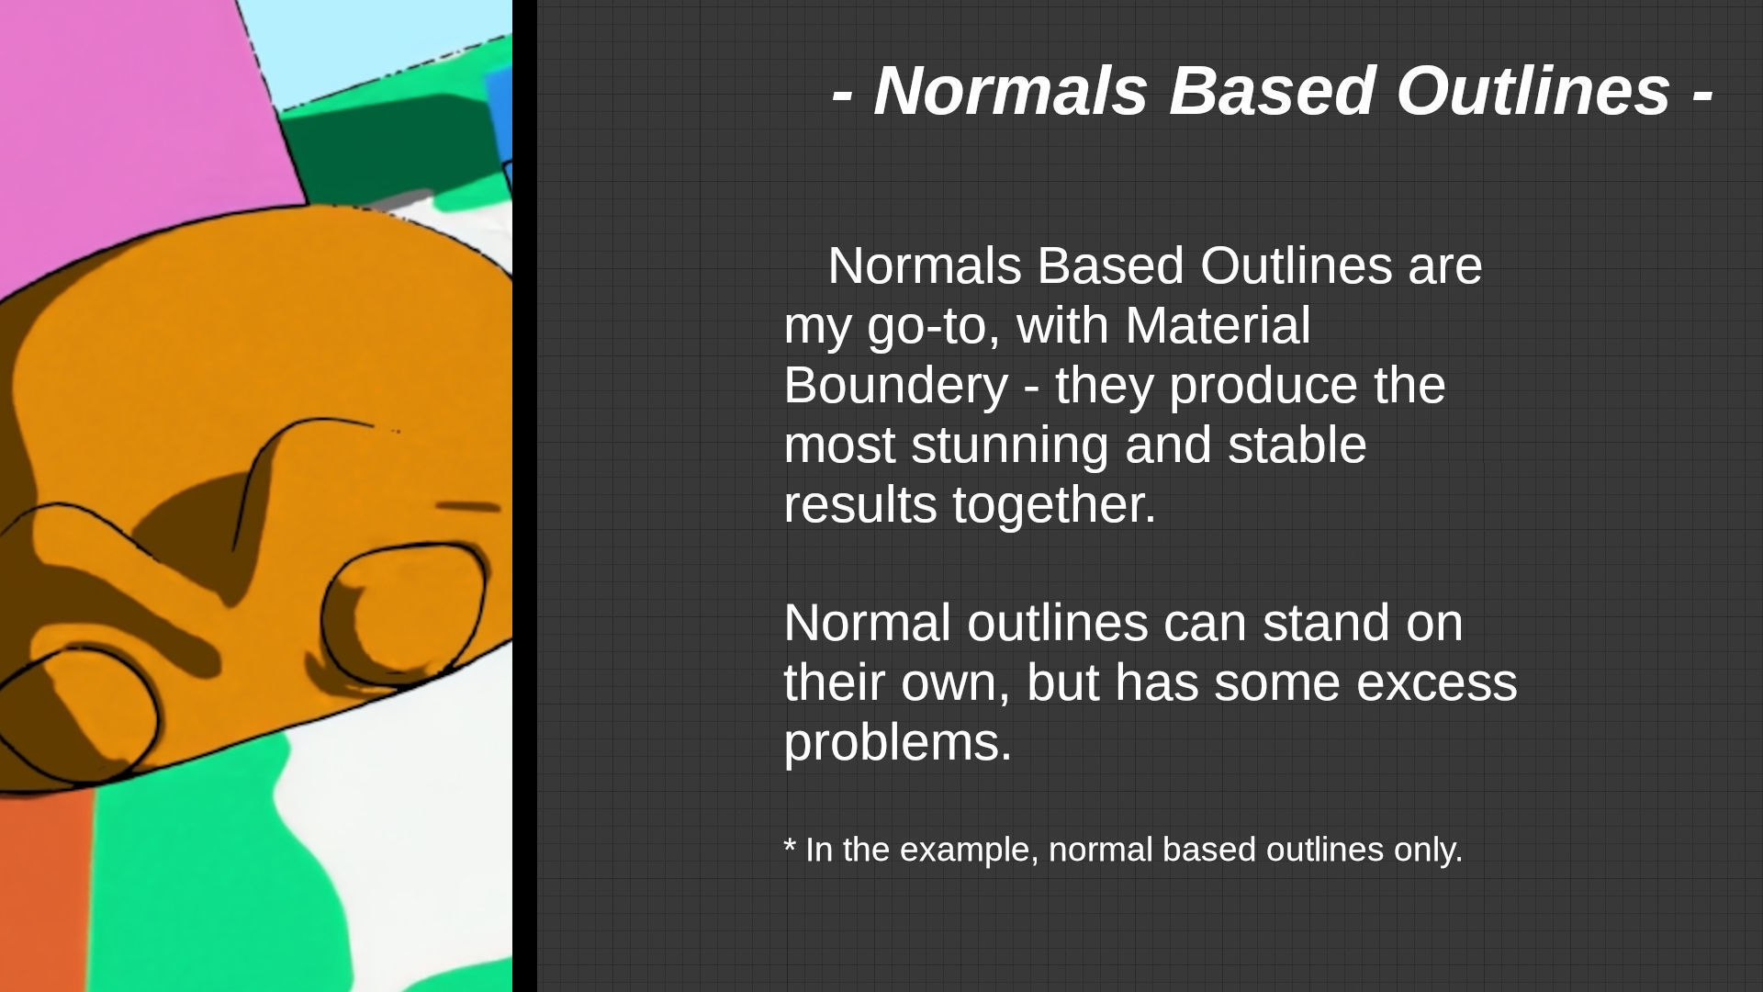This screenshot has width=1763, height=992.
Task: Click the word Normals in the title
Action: point(1010,91)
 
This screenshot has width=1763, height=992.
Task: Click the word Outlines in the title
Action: point(1533,91)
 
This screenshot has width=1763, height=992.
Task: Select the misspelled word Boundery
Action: point(895,385)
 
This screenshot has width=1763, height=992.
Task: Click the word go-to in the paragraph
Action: point(933,326)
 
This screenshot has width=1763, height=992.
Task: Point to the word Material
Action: point(1218,326)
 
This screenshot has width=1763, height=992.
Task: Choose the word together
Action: point(1053,505)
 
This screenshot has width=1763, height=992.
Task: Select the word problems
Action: point(896,743)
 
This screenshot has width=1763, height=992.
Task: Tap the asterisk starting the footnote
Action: point(790,846)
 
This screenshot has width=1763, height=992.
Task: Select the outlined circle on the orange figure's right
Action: point(404,611)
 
